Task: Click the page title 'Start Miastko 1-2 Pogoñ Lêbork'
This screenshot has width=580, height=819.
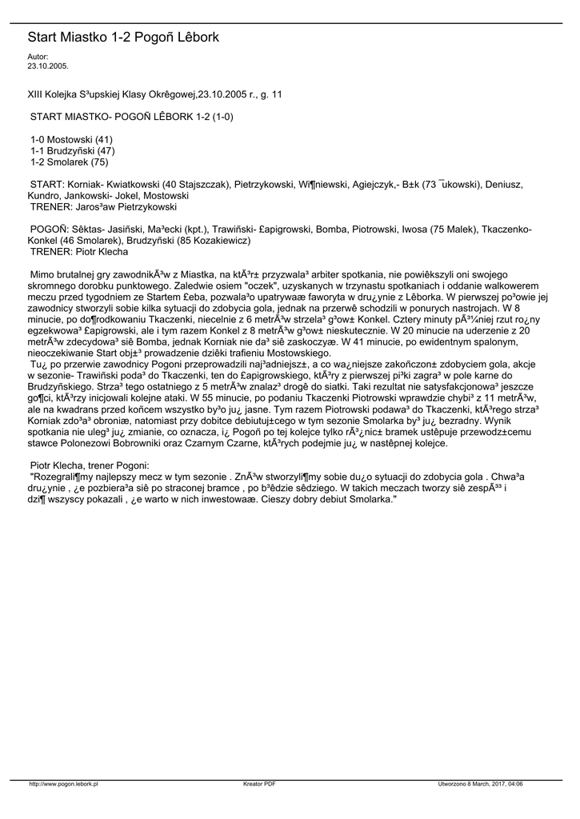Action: [x=123, y=38]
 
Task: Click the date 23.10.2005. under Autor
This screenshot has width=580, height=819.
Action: [x=48, y=66]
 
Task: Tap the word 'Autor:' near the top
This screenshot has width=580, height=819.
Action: [x=38, y=57]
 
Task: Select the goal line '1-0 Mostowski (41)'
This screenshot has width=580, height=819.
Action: [x=71, y=139]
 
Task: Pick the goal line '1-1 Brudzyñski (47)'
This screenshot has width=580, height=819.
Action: [x=73, y=150]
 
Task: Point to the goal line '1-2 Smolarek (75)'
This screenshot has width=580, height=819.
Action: [x=69, y=162]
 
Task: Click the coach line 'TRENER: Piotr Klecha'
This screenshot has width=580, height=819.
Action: [x=78, y=252]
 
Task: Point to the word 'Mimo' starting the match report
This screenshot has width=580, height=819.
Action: [x=42, y=274]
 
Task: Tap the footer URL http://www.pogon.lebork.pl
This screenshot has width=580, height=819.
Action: [x=63, y=784]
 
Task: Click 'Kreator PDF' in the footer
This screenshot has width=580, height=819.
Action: [x=259, y=784]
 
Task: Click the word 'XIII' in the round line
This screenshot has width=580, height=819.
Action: [x=38, y=94]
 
